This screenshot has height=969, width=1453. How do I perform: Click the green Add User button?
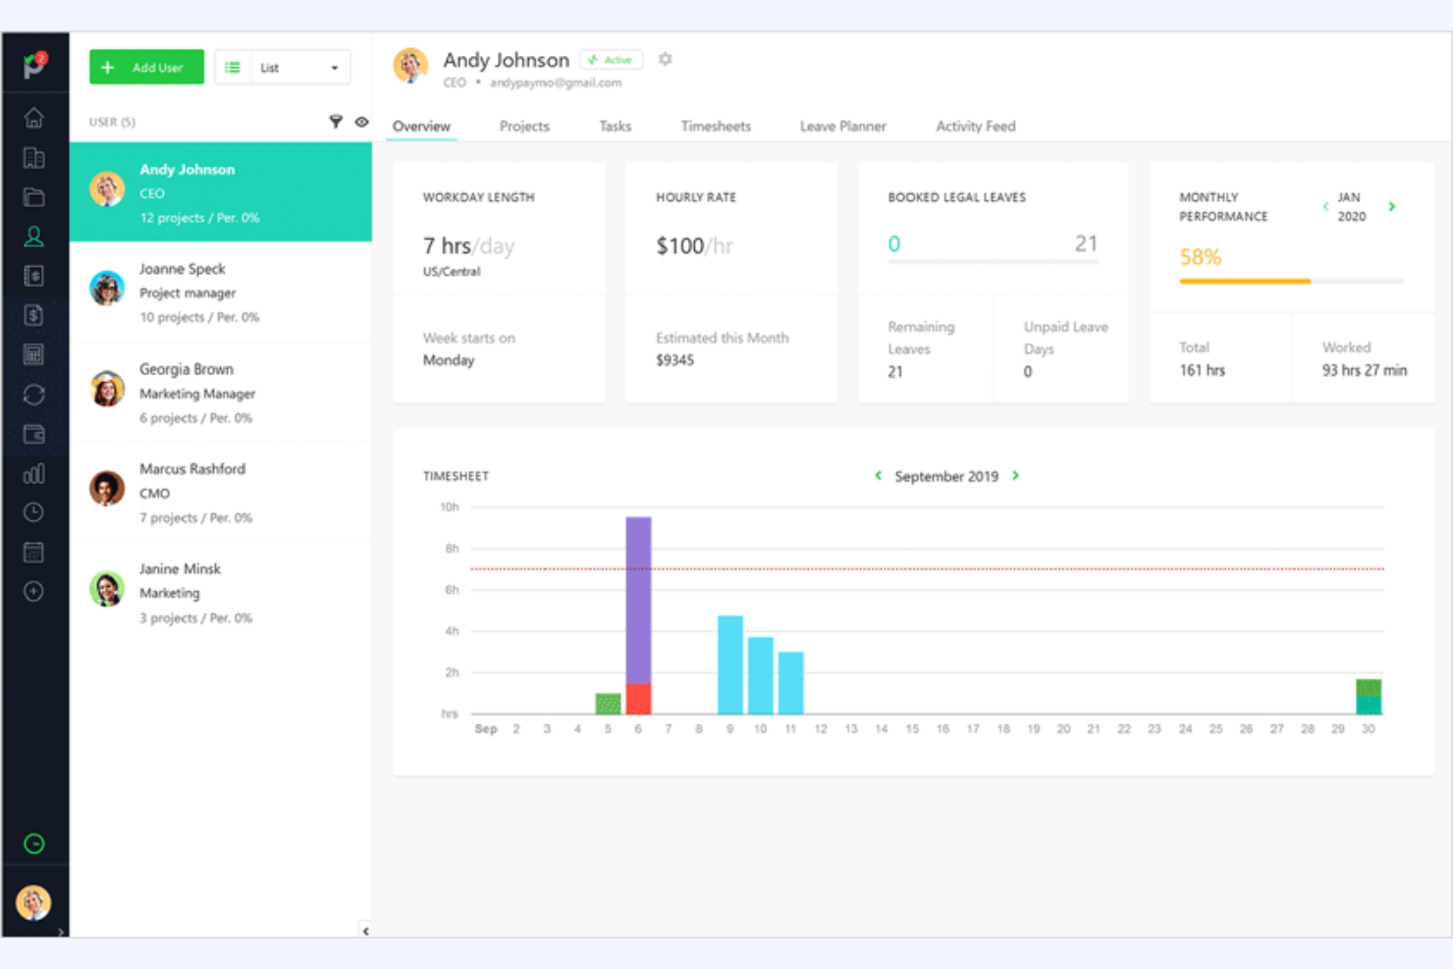tap(146, 67)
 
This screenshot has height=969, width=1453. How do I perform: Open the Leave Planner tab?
tap(842, 126)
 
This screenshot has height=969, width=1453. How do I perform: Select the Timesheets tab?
tap(716, 126)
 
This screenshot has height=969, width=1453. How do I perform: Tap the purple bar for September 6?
tap(638, 599)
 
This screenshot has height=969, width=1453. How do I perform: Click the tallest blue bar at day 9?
tap(729, 664)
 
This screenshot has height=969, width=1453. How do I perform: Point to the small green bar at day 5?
tap(608, 703)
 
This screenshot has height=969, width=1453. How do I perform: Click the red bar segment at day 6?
tap(638, 698)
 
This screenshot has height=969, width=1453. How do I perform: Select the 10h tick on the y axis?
tap(450, 507)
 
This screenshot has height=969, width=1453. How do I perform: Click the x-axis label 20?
tap(1063, 728)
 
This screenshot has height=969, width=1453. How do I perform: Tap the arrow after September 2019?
tap(1016, 475)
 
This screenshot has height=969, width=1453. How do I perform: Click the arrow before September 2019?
tap(878, 475)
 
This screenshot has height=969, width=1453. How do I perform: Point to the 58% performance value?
tap(1200, 257)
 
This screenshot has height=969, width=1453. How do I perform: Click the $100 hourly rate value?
tap(679, 245)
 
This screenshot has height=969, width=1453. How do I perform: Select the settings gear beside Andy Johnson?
tap(665, 59)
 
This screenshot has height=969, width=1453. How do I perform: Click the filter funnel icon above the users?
tap(336, 122)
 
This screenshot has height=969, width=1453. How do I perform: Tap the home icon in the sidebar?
tap(34, 118)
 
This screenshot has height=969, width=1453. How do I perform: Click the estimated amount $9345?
tap(674, 360)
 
